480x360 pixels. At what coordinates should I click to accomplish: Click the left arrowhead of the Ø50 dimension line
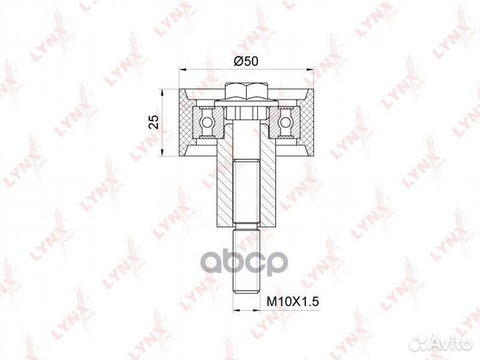183,69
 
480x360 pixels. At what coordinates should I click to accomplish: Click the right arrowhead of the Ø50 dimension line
311,69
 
